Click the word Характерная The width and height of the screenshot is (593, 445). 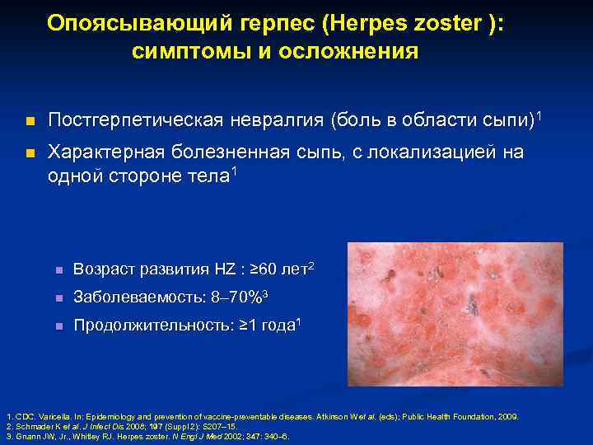pyautogui.click(x=100, y=152)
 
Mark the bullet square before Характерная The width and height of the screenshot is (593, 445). pyautogui.click(x=30, y=153)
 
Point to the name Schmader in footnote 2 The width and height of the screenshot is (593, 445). pyautogui.click(x=33, y=427)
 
